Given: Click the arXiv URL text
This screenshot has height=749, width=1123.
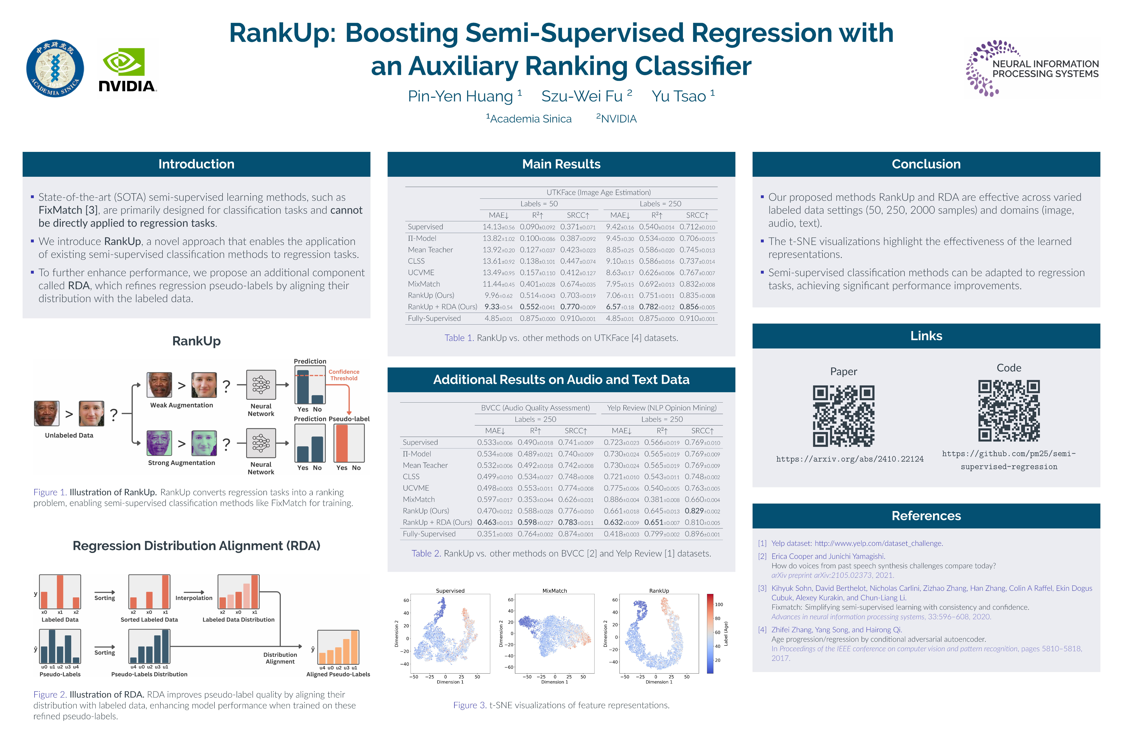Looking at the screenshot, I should point(850,459).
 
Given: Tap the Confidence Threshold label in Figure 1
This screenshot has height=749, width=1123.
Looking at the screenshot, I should point(344,375).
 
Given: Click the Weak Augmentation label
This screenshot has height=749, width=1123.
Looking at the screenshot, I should point(181,405).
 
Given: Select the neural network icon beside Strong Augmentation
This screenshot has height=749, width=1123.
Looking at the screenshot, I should point(261,443).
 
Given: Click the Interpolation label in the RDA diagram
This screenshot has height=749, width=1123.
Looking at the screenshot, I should point(194,598).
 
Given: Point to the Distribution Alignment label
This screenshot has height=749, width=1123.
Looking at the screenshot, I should point(280,658).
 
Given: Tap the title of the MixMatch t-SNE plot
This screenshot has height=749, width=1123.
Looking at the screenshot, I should point(554,591).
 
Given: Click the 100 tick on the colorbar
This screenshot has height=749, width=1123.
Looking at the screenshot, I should point(719,605).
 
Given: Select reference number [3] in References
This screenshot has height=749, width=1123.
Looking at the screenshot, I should point(762,589).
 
